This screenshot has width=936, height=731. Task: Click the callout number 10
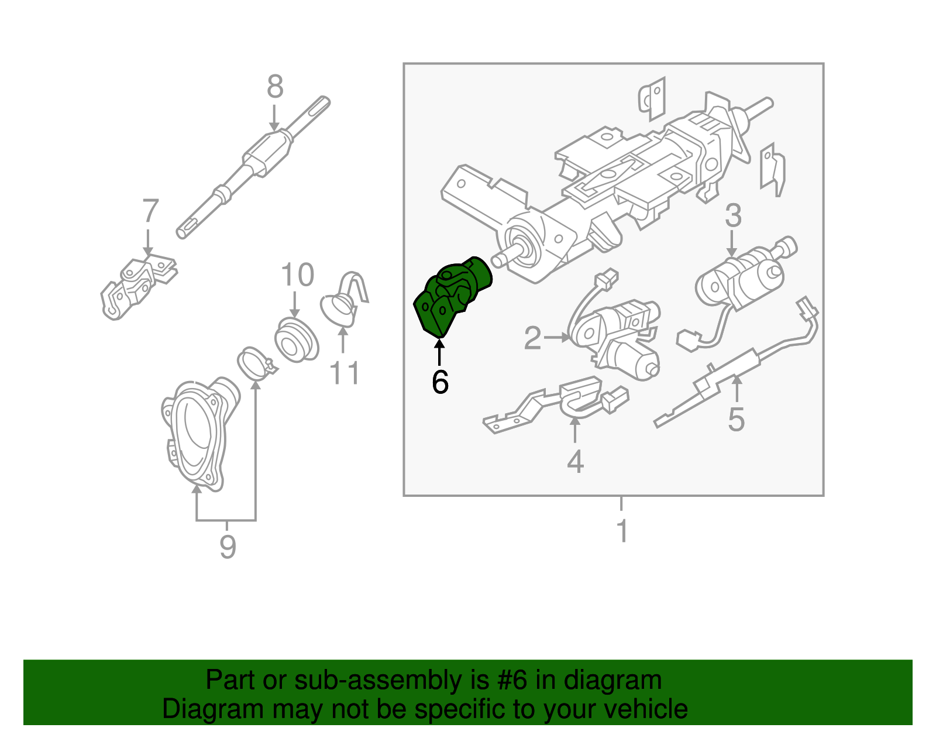click(x=297, y=275)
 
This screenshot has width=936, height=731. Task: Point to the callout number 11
click(x=345, y=373)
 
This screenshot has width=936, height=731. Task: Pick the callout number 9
click(x=228, y=547)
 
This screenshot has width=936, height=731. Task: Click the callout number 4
click(x=575, y=461)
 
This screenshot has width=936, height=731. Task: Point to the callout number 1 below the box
click(x=622, y=531)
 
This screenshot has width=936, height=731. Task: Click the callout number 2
click(x=532, y=338)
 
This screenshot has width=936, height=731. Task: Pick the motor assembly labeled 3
click(x=743, y=278)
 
